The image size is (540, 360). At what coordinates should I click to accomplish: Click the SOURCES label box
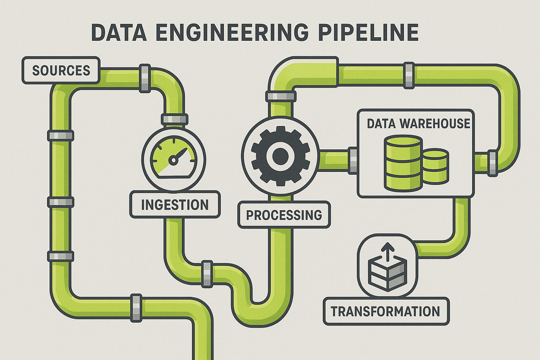pyautogui.click(x=61, y=70)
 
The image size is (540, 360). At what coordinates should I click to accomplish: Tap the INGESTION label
pyautogui.click(x=175, y=205)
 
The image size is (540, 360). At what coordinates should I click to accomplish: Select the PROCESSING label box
pyautogui.click(x=284, y=214)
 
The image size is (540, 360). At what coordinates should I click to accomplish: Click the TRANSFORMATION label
pyautogui.click(x=385, y=311)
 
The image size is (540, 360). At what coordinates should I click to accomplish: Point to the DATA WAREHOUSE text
pyautogui.click(x=418, y=123)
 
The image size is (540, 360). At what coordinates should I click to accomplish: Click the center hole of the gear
pyautogui.click(x=280, y=156)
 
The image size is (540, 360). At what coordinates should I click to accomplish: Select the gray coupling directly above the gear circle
pyautogui.click(x=280, y=96)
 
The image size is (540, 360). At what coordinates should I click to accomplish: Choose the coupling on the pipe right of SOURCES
pyautogui.click(x=144, y=78)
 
